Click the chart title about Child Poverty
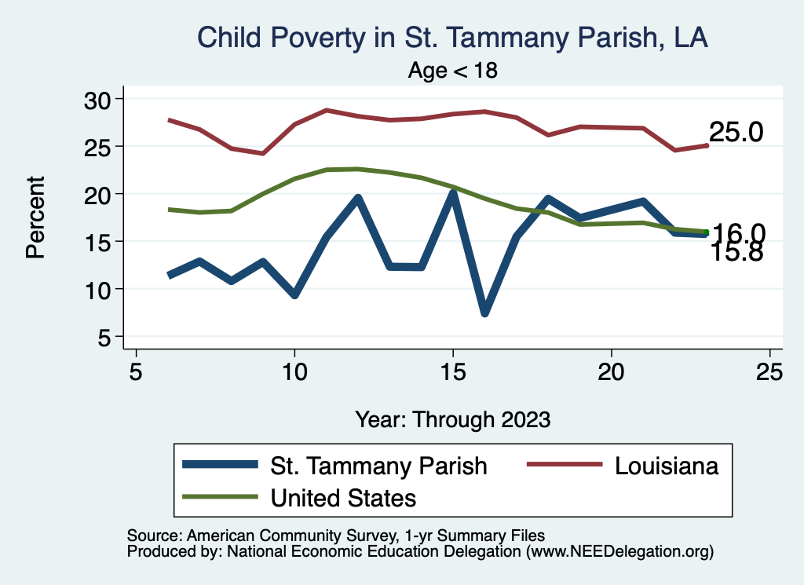[x=452, y=38]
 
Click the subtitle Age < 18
[x=453, y=71]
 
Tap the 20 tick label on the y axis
[x=98, y=194]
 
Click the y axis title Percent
[x=35, y=218]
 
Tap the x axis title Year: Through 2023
[x=452, y=419]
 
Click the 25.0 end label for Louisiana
[x=736, y=133]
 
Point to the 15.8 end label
[x=736, y=253]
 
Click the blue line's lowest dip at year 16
[x=484, y=313]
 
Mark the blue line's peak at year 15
[x=453, y=193]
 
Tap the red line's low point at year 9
[x=263, y=153]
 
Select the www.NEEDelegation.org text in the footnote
[x=619, y=552]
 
